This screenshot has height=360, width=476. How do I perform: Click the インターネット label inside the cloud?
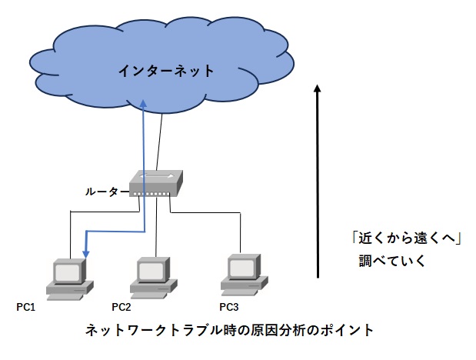tap(165, 72)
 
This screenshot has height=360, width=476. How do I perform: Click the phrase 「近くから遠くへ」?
tap(401, 239)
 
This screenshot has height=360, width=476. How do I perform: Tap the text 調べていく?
tap(391, 261)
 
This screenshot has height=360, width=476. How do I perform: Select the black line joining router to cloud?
tap(160, 142)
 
